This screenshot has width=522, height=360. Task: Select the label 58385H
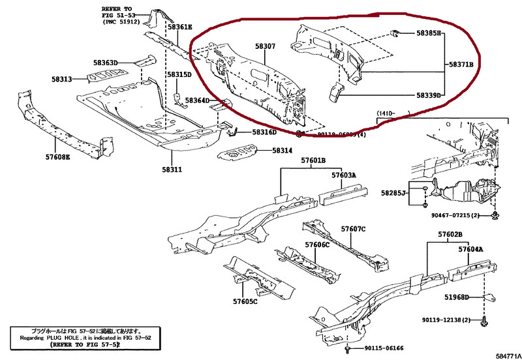point(429,33)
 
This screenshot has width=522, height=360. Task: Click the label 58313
point(62,79)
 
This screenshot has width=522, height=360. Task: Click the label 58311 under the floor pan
point(172,170)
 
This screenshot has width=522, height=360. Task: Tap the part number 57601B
point(313,161)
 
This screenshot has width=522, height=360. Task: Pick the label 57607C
point(353,229)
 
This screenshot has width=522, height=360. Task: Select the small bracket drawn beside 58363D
point(144,61)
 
